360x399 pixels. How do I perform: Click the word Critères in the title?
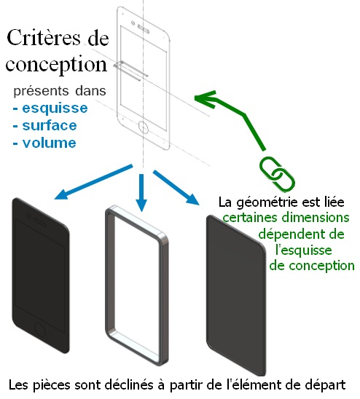[x=44, y=38]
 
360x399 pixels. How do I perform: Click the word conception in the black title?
[x=56, y=64]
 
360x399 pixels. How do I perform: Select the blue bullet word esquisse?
[x=55, y=108]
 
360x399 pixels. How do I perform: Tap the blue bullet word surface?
[x=50, y=125]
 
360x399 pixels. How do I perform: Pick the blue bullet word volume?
[x=49, y=143]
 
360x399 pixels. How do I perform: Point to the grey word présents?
[x=41, y=91]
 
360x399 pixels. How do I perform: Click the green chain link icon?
[x=277, y=174]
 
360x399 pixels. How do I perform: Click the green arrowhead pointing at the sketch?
[x=205, y=99]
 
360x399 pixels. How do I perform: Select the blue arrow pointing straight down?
[x=141, y=193]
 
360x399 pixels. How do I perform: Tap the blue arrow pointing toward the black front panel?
[x=93, y=182]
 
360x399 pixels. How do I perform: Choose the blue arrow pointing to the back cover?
[x=176, y=187]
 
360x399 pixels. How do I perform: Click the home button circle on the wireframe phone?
[x=143, y=127]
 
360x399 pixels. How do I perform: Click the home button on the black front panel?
[x=40, y=331]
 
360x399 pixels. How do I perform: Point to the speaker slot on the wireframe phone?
[x=144, y=28]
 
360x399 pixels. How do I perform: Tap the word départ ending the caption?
[x=322, y=385]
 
